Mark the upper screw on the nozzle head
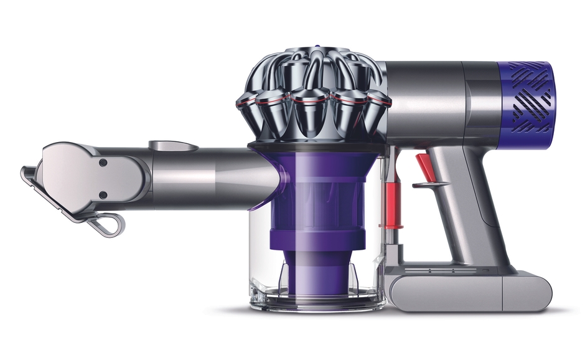(x=103, y=162)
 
